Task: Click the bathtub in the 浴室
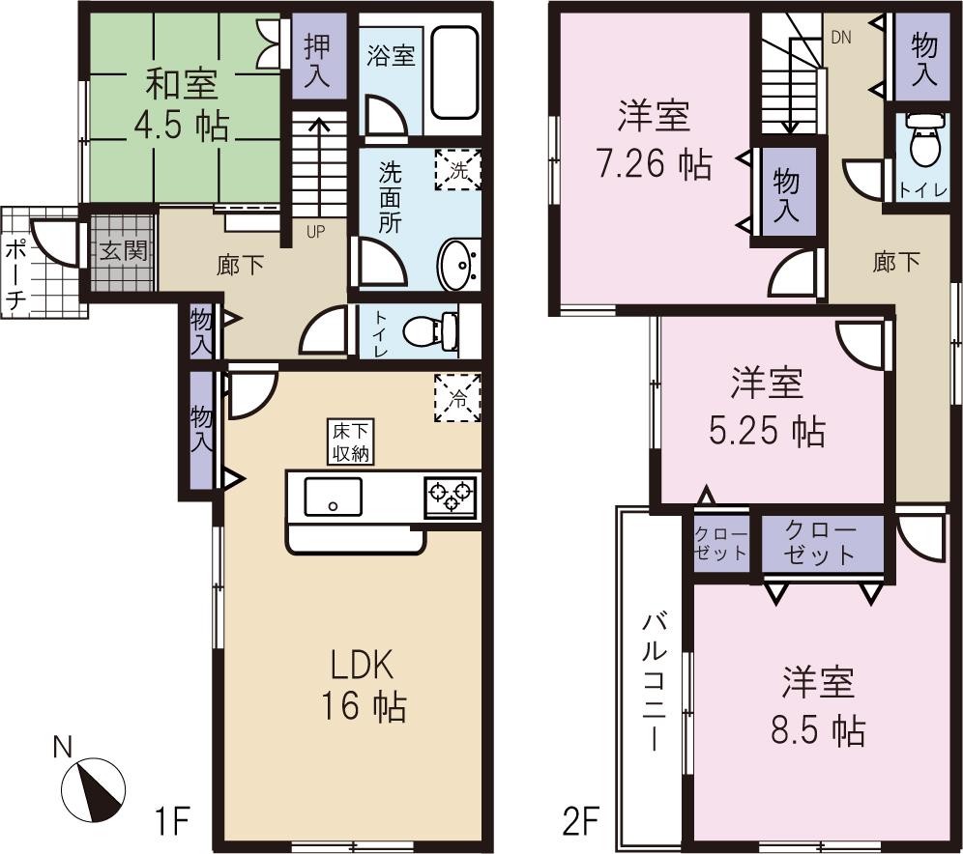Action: click(452, 72)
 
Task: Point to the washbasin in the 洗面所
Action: click(456, 264)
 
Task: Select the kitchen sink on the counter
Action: click(333, 497)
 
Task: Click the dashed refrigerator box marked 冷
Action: click(457, 395)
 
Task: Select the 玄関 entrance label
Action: click(123, 252)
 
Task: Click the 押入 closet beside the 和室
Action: click(316, 61)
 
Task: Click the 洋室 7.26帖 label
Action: click(654, 141)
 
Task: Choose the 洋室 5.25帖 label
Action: click(765, 408)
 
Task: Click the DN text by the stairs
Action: click(840, 37)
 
